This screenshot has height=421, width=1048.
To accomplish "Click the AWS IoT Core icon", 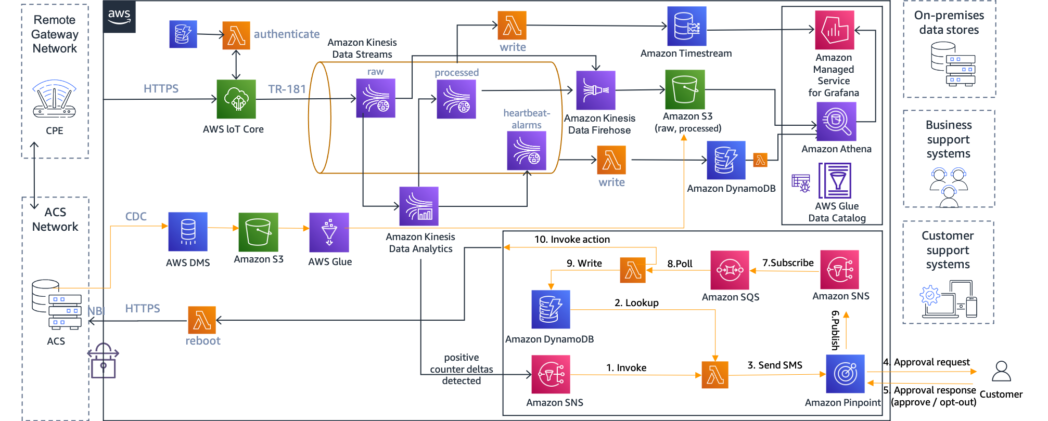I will pos(236,99).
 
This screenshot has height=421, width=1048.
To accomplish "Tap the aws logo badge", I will pos(119,16).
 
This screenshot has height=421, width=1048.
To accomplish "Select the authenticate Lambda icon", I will pos(236,35).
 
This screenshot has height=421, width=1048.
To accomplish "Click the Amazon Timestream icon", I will pos(686,26).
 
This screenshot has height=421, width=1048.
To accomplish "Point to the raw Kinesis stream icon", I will pos(375,98).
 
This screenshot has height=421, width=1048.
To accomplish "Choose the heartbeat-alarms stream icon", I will pos(526,151).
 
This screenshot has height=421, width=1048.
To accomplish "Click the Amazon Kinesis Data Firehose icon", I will pos(595,90).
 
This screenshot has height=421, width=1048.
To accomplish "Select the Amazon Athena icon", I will pos(836,122).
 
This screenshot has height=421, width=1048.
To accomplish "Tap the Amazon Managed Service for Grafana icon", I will pos(834,30).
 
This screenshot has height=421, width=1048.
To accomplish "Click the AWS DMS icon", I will pos(188,232).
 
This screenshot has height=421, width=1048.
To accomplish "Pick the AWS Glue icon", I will pos(329,232).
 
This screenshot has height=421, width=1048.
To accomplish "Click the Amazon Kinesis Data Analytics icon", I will pos(418,206).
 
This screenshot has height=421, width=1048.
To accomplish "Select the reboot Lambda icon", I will pos(202,320).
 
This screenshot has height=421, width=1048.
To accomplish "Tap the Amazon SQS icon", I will pos(730,270).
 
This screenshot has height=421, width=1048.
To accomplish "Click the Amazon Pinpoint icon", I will pos(845,374).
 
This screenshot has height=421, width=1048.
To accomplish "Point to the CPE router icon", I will pos(54,99).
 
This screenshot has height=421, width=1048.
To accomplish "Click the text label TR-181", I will pos(287,89).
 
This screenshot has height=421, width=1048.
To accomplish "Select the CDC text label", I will pos(136,217).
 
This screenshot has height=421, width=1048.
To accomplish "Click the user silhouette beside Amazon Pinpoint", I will pos(1001,372).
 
